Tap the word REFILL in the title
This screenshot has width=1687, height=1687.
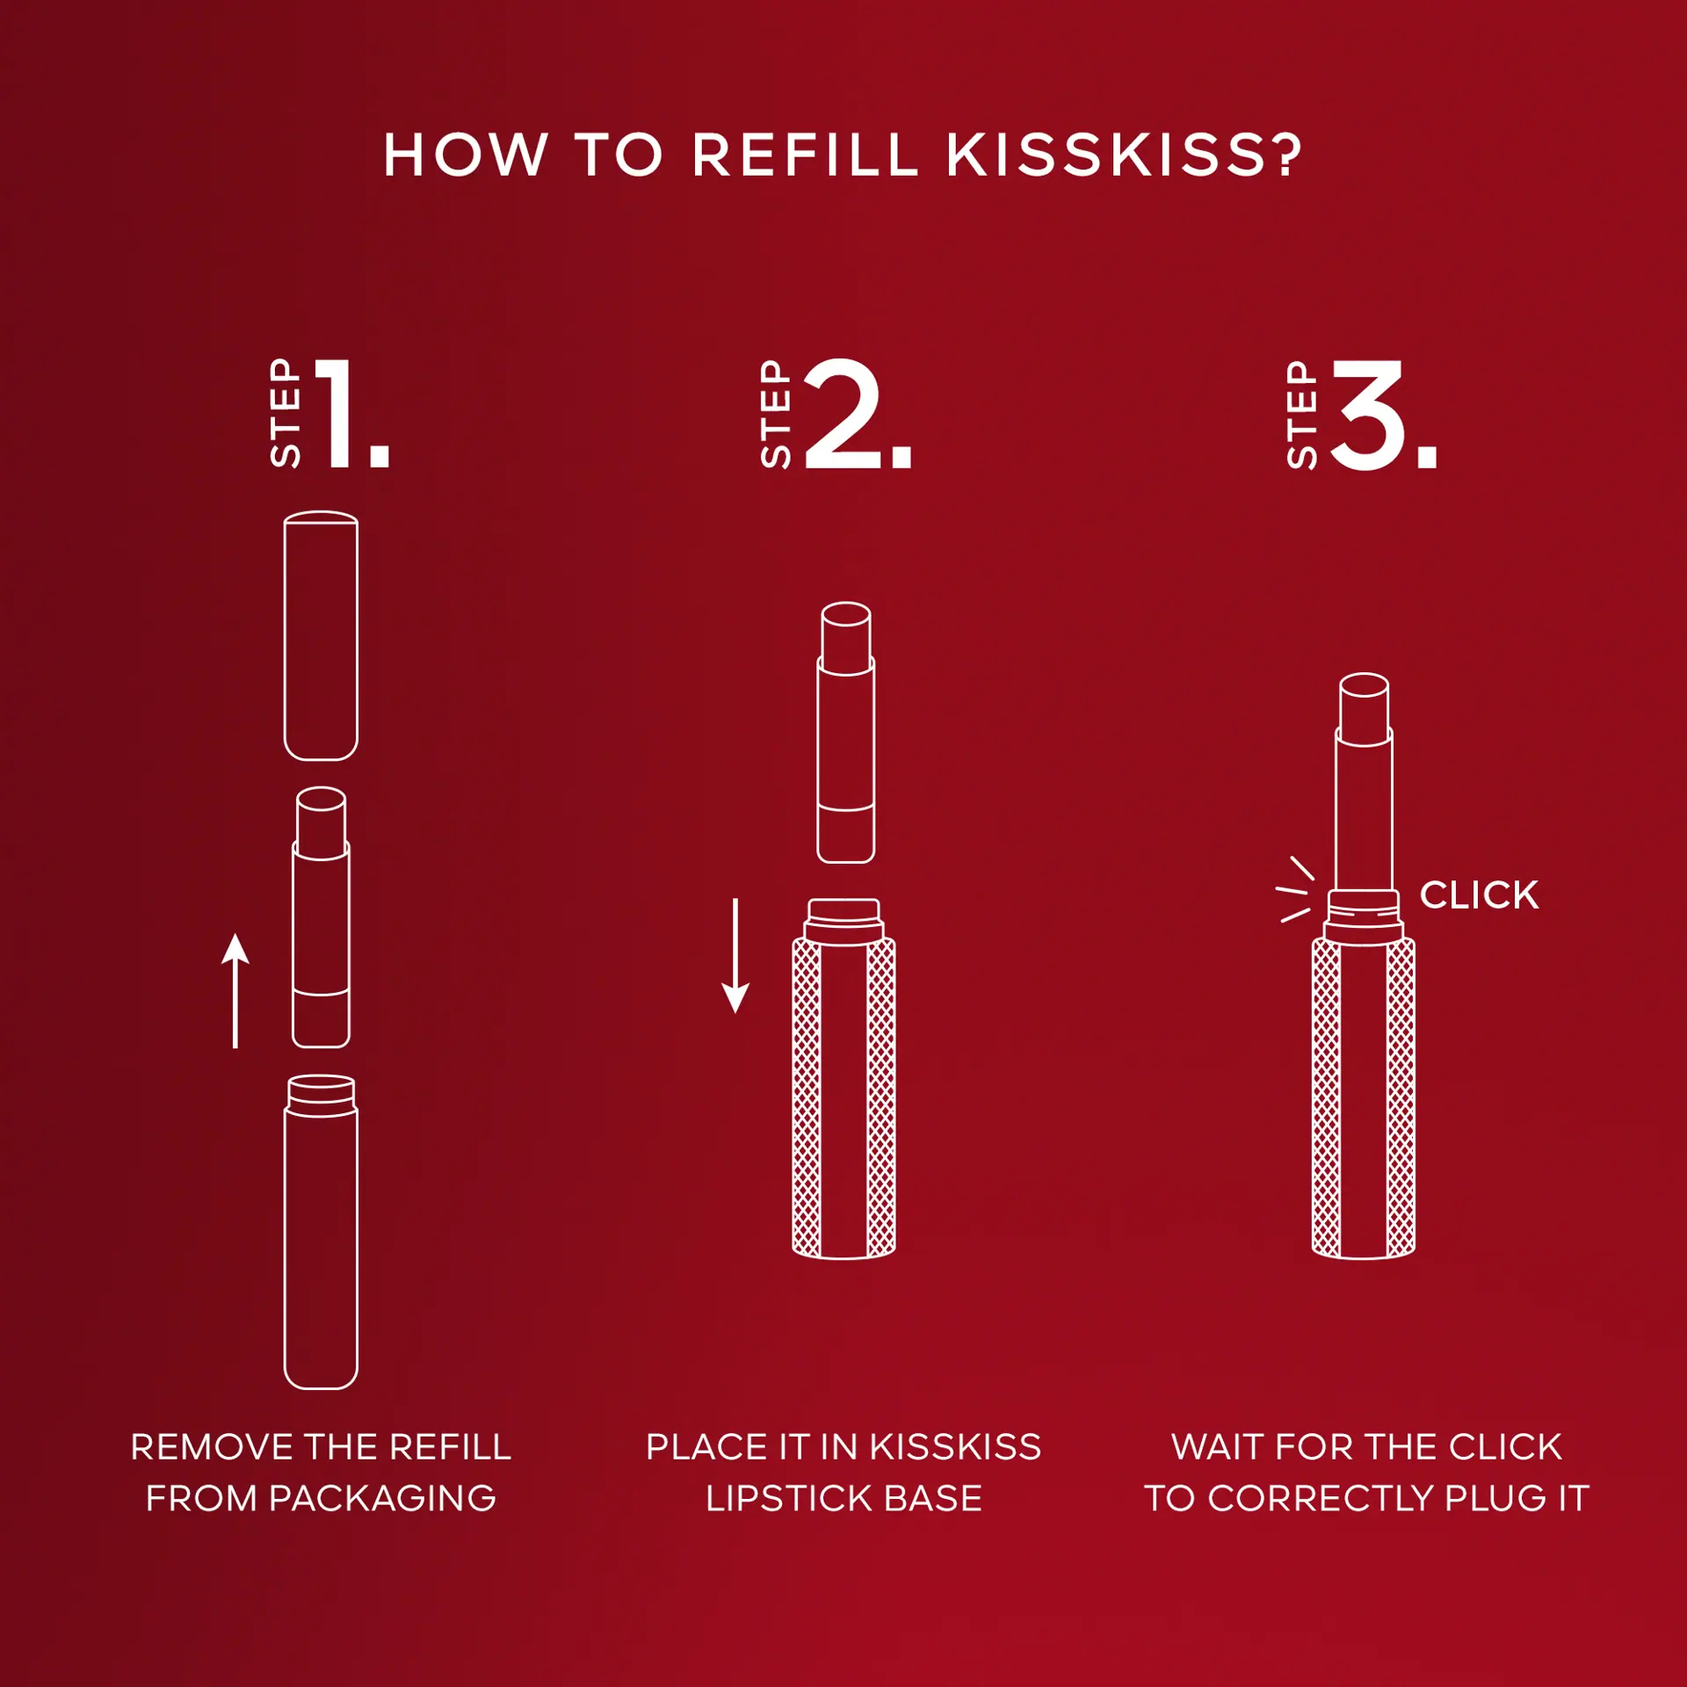[x=805, y=156]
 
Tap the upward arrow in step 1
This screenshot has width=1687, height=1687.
[x=235, y=990]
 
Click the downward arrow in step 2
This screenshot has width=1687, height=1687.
[x=735, y=955]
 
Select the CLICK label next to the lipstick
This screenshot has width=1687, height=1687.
[x=1480, y=895]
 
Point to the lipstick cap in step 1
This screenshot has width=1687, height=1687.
[x=321, y=635]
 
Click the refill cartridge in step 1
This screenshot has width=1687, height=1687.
[x=321, y=917]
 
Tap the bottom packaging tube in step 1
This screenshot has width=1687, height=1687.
[x=321, y=1232]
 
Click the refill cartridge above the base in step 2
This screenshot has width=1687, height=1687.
[x=845, y=733]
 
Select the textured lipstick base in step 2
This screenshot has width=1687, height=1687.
[x=843, y=1079]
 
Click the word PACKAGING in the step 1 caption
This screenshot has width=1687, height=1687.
[x=382, y=1498]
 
